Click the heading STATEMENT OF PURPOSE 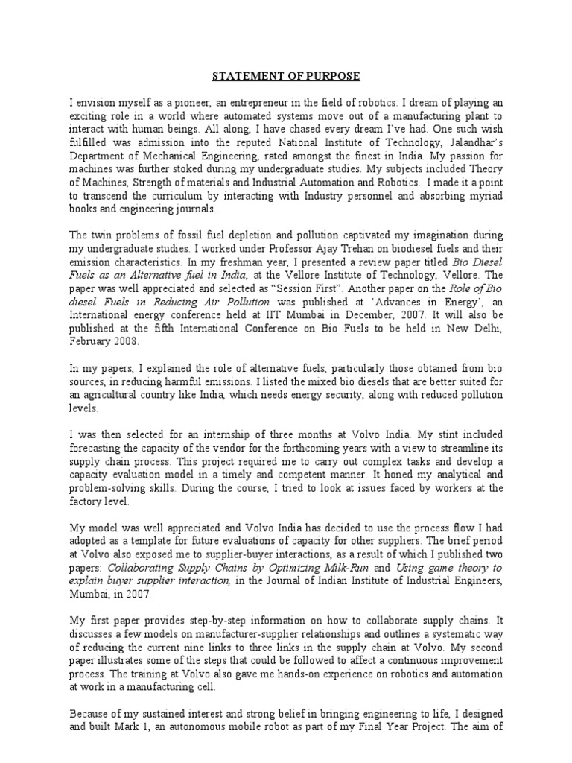point(286,76)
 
